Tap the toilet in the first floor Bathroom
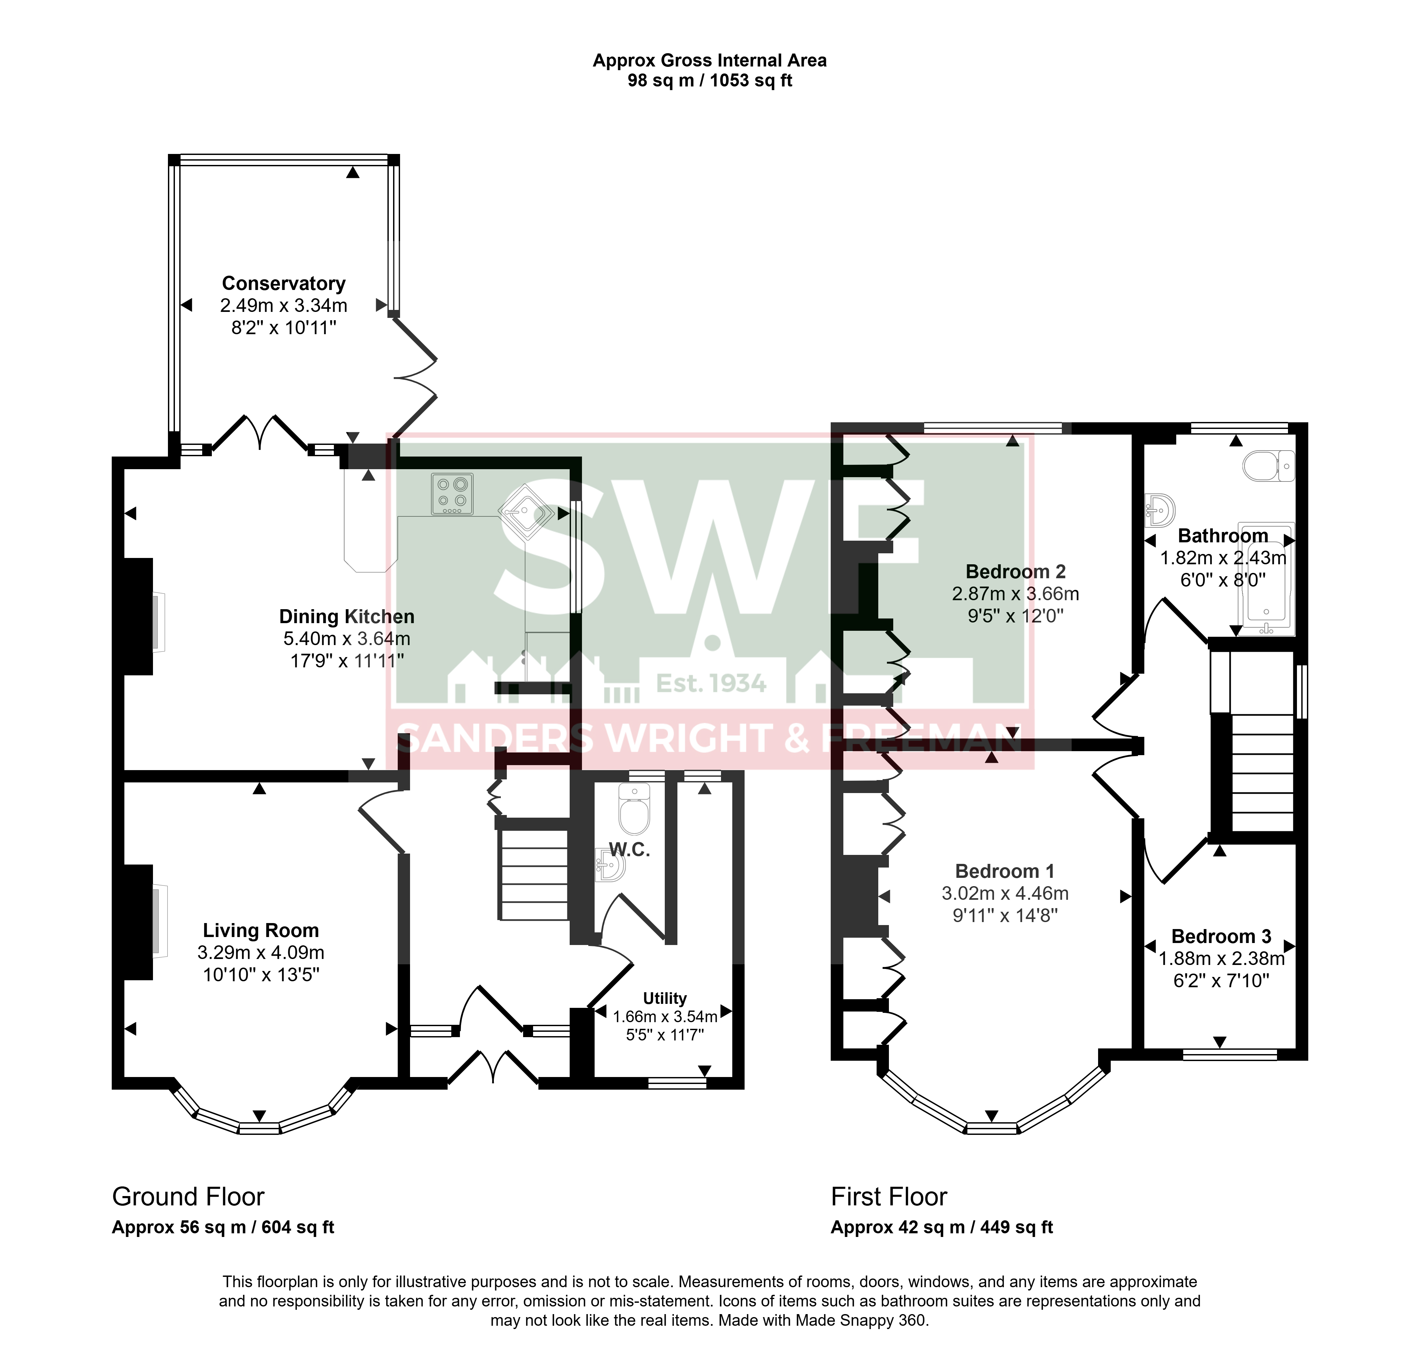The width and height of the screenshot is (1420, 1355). pos(1269,466)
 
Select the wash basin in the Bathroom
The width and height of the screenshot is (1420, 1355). pos(1160,510)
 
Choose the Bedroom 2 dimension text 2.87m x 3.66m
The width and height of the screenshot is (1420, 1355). pos(1016,594)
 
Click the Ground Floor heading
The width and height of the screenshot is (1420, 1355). pos(189,1197)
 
